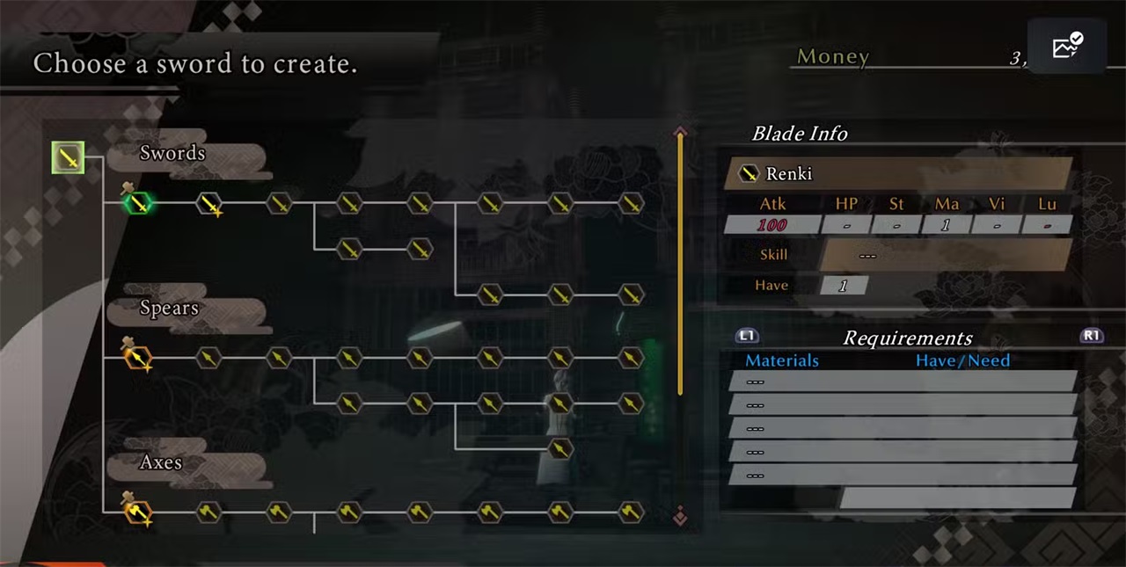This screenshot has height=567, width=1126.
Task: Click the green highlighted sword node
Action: [138, 204]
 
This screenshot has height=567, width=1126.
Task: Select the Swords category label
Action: [172, 153]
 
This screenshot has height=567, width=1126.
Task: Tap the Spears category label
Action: [169, 308]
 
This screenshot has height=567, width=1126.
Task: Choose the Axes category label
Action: [161, 462]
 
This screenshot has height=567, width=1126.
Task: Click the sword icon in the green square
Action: [68, 158]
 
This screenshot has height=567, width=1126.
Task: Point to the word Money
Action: [832, 57]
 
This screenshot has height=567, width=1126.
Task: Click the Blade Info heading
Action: [799, 134]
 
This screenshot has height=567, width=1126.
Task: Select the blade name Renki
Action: [789, 173]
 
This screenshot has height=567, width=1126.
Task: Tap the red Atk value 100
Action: [771, 225]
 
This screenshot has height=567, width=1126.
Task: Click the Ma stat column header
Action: [947, 204]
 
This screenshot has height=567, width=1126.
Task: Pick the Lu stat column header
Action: [1047, 204]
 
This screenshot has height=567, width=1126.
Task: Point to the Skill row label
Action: [773, 255]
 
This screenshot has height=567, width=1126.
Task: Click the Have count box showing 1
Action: [844, 286]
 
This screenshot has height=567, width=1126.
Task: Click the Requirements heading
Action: [907, 338]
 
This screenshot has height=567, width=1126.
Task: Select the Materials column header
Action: [782, 360]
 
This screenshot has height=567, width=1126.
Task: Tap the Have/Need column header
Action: [962, 360]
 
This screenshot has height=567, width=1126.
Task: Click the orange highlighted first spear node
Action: [138, 358]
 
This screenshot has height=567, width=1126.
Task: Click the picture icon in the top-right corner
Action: [1066, 47]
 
